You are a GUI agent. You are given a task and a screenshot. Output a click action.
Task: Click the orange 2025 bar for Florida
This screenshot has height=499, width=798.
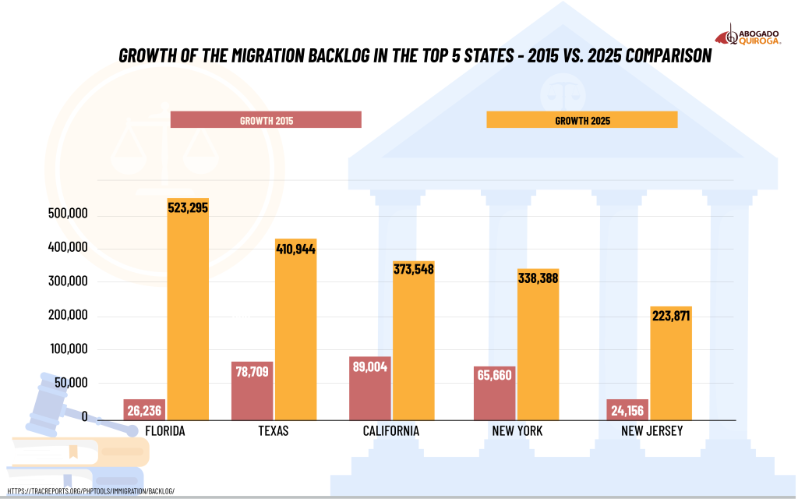point(188,312)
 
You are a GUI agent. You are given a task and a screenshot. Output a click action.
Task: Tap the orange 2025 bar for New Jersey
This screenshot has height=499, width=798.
point(671,366)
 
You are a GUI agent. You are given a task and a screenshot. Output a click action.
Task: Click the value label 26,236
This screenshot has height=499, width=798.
point(144,409)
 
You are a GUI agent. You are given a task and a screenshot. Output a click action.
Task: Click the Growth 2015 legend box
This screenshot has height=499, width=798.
point(266,120)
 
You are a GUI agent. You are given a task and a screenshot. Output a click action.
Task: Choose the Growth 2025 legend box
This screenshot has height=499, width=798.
point(581,120)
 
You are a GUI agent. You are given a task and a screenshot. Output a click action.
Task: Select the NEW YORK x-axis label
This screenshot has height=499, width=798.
point(517,431)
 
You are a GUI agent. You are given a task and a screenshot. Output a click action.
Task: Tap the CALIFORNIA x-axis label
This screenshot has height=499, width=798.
point(391,431)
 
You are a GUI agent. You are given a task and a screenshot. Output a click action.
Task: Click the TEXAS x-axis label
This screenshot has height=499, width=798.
point(273,431)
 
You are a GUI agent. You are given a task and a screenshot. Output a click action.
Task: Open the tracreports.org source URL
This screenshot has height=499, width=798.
point(90,491)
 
